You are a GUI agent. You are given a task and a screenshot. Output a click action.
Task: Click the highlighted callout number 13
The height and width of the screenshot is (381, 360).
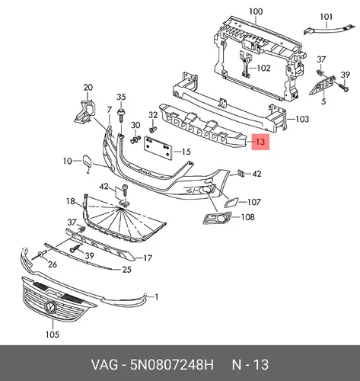[x=260, y=142]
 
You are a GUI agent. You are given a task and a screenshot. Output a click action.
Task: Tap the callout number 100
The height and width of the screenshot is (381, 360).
[x=256, y=11]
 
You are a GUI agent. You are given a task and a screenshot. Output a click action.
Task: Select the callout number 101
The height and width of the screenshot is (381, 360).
[x=326, y=17]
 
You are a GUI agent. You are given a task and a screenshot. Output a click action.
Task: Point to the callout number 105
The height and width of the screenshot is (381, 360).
[x=53, y=335]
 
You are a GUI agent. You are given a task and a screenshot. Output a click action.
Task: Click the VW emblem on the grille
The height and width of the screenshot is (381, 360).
[x=51, y=306]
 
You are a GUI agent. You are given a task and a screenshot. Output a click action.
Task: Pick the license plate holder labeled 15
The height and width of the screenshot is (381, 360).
[x=158, y=149]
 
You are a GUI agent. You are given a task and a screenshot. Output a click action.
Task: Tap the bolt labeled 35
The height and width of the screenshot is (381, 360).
[x=121, y=115]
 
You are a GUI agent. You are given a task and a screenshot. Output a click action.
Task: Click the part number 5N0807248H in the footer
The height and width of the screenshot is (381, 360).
[x=172, y=365]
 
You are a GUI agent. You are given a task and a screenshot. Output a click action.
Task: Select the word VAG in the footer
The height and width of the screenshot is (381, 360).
[x=104, y=365]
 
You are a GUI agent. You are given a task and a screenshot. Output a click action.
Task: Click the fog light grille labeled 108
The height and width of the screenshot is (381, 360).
[x=217, y=218]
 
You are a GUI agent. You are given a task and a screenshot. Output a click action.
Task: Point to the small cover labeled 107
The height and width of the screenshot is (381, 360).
[x=231, y=202]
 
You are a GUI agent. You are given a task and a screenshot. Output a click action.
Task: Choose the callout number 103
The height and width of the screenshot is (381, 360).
[x=302, y=119]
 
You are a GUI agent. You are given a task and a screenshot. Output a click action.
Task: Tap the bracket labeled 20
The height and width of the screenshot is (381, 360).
[x=84, y=112]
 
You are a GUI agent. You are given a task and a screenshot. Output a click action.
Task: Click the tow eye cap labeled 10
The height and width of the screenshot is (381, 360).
[x=86, y=162]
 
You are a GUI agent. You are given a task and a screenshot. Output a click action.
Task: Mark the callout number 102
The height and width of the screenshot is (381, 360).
[x=264, y=68]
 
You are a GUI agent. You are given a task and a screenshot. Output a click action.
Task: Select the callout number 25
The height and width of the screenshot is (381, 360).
[x=126, y=270]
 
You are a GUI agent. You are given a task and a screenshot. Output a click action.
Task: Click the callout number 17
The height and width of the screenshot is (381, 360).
[x=148, y=258]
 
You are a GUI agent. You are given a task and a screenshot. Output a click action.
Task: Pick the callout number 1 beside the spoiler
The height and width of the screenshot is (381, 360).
[x=157, y=296]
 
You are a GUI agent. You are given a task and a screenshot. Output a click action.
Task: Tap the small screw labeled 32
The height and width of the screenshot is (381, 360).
[x=153, y=130]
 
